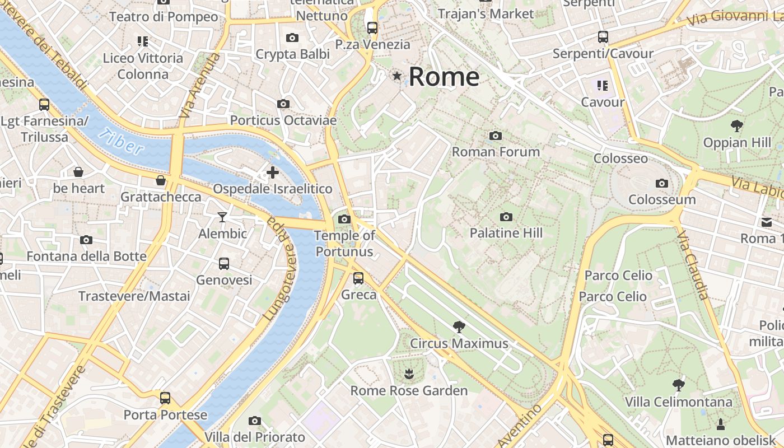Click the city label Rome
444,77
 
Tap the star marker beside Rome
398,76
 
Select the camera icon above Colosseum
661,183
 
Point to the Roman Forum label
496,152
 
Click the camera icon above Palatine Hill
506,217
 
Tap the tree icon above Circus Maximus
459,326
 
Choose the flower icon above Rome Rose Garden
408,373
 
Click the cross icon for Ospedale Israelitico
273,172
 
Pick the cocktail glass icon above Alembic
222,217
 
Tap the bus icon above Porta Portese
165,398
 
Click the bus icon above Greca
358,278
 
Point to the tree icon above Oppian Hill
737,126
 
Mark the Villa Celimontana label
678,402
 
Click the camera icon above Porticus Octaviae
283,104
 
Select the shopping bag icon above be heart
78,172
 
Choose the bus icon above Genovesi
223,263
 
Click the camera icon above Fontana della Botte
86,240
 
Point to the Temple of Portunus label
344,244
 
